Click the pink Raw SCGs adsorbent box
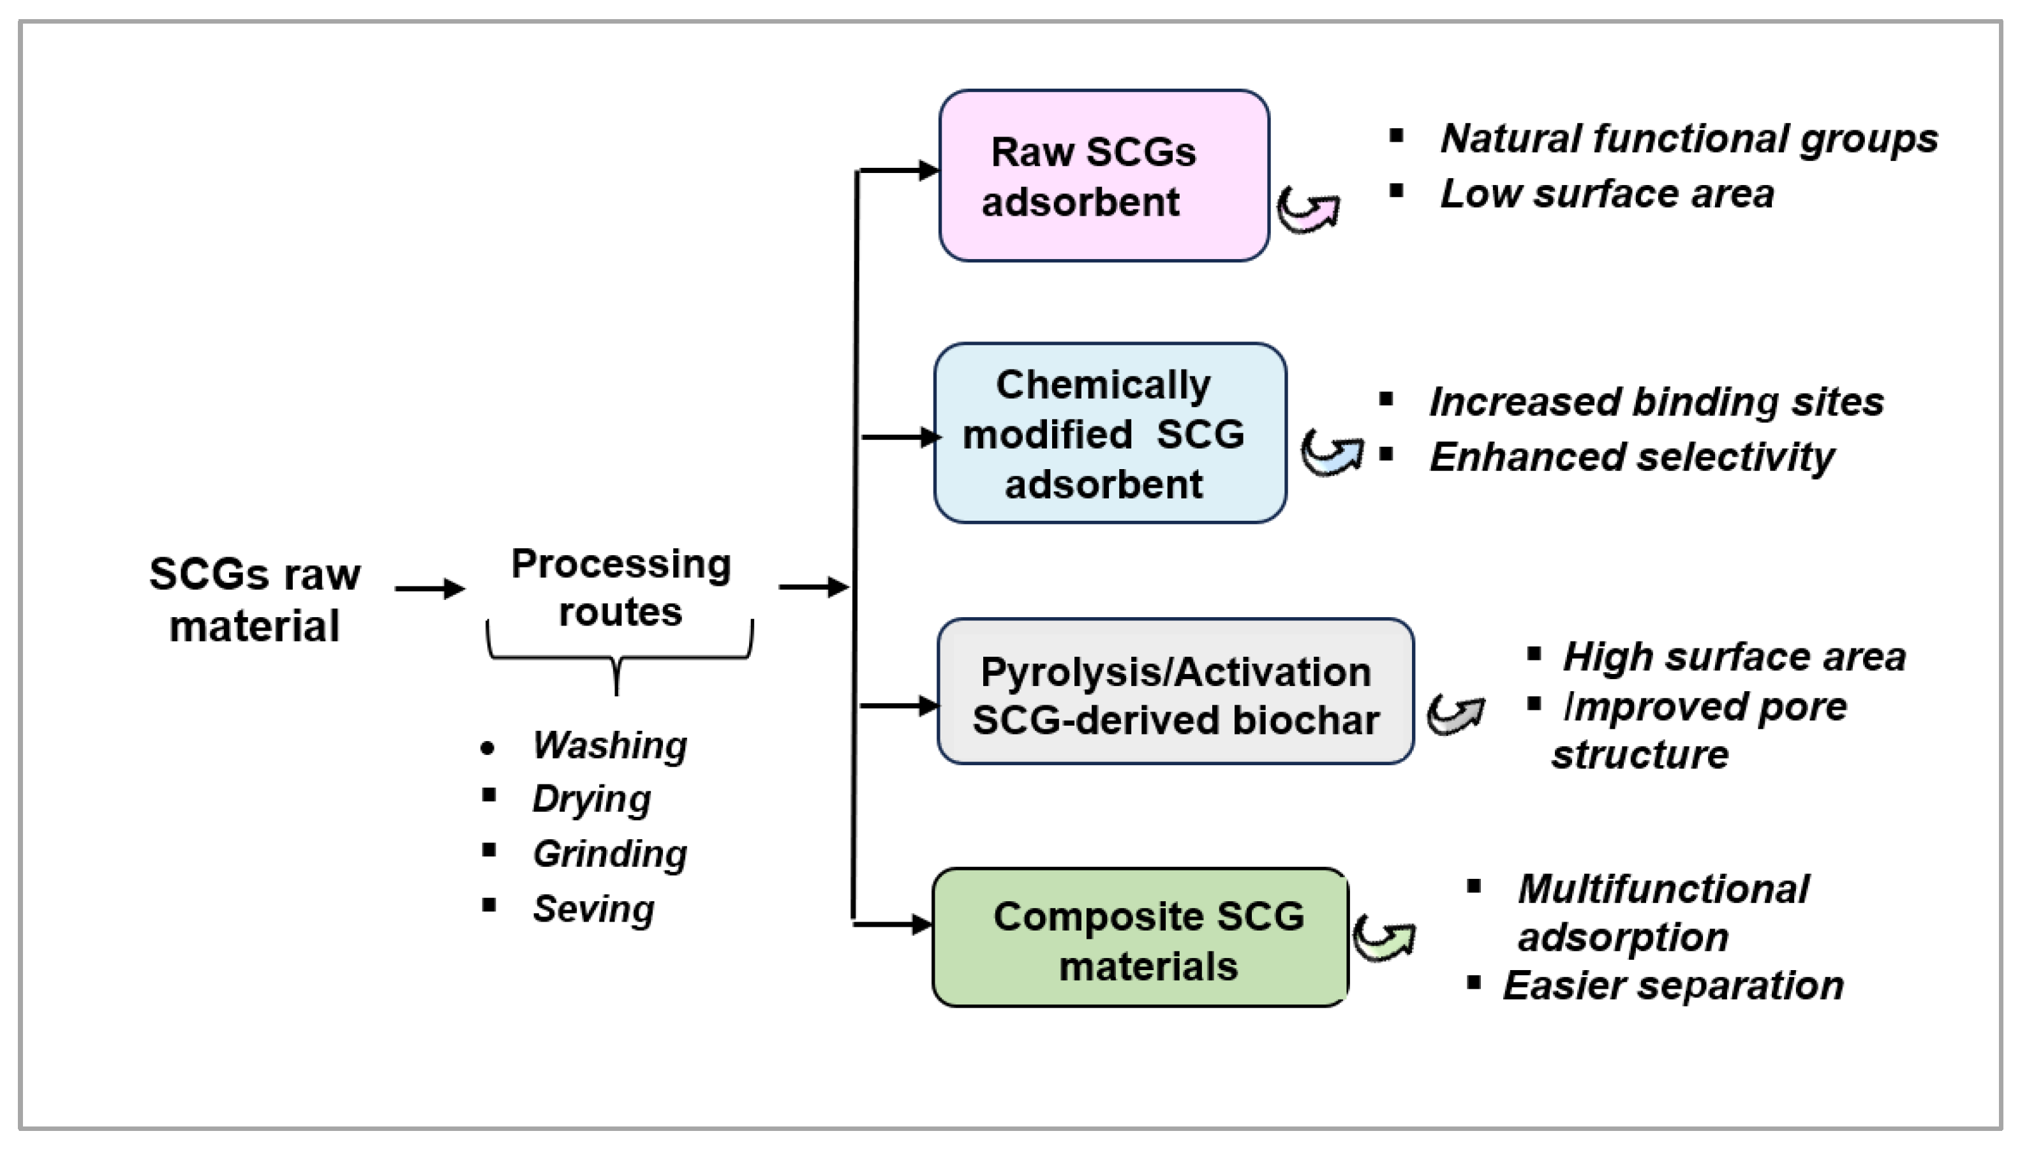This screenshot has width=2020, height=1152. pyautogui.click(x=1104, y=176)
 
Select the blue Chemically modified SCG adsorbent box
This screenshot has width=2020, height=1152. pyautogui.click(x=1110, y=433)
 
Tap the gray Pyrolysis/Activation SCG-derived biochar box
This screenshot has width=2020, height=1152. pyautogui.click(x=1175, y=691)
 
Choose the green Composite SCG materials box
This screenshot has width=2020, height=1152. pyautogui.click(x=1141, y=938)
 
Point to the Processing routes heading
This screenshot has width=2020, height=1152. pyautogui.click(x=621, y=587)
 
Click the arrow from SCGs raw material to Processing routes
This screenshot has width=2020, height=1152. pyautogui.click(x=430, y=588)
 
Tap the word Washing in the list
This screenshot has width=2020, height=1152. pyautogui.click(x=610, y=745)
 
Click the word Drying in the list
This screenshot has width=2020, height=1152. pyautogui.click(x=591, y=799)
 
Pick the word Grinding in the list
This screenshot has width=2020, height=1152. pyautogui.click(x=610, y=854)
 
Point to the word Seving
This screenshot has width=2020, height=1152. pyautogui.click(x=593, y=909)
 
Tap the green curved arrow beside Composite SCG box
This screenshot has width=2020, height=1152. pyautogui.click(x=1384, y=938)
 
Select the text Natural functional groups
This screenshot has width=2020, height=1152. pyautogui.click(x=1690, y=139)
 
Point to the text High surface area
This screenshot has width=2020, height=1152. pyautogui.click(x=1734, y=657)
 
